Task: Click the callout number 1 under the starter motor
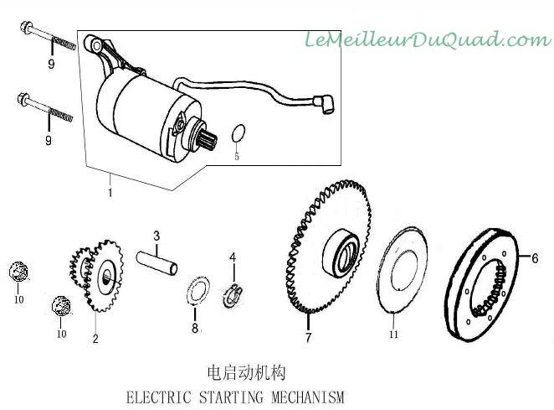[110, 192]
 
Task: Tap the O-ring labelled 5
[238, 133]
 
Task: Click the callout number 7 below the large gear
[308, 338]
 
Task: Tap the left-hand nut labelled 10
[18, 272]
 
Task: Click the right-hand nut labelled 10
[59, 306]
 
